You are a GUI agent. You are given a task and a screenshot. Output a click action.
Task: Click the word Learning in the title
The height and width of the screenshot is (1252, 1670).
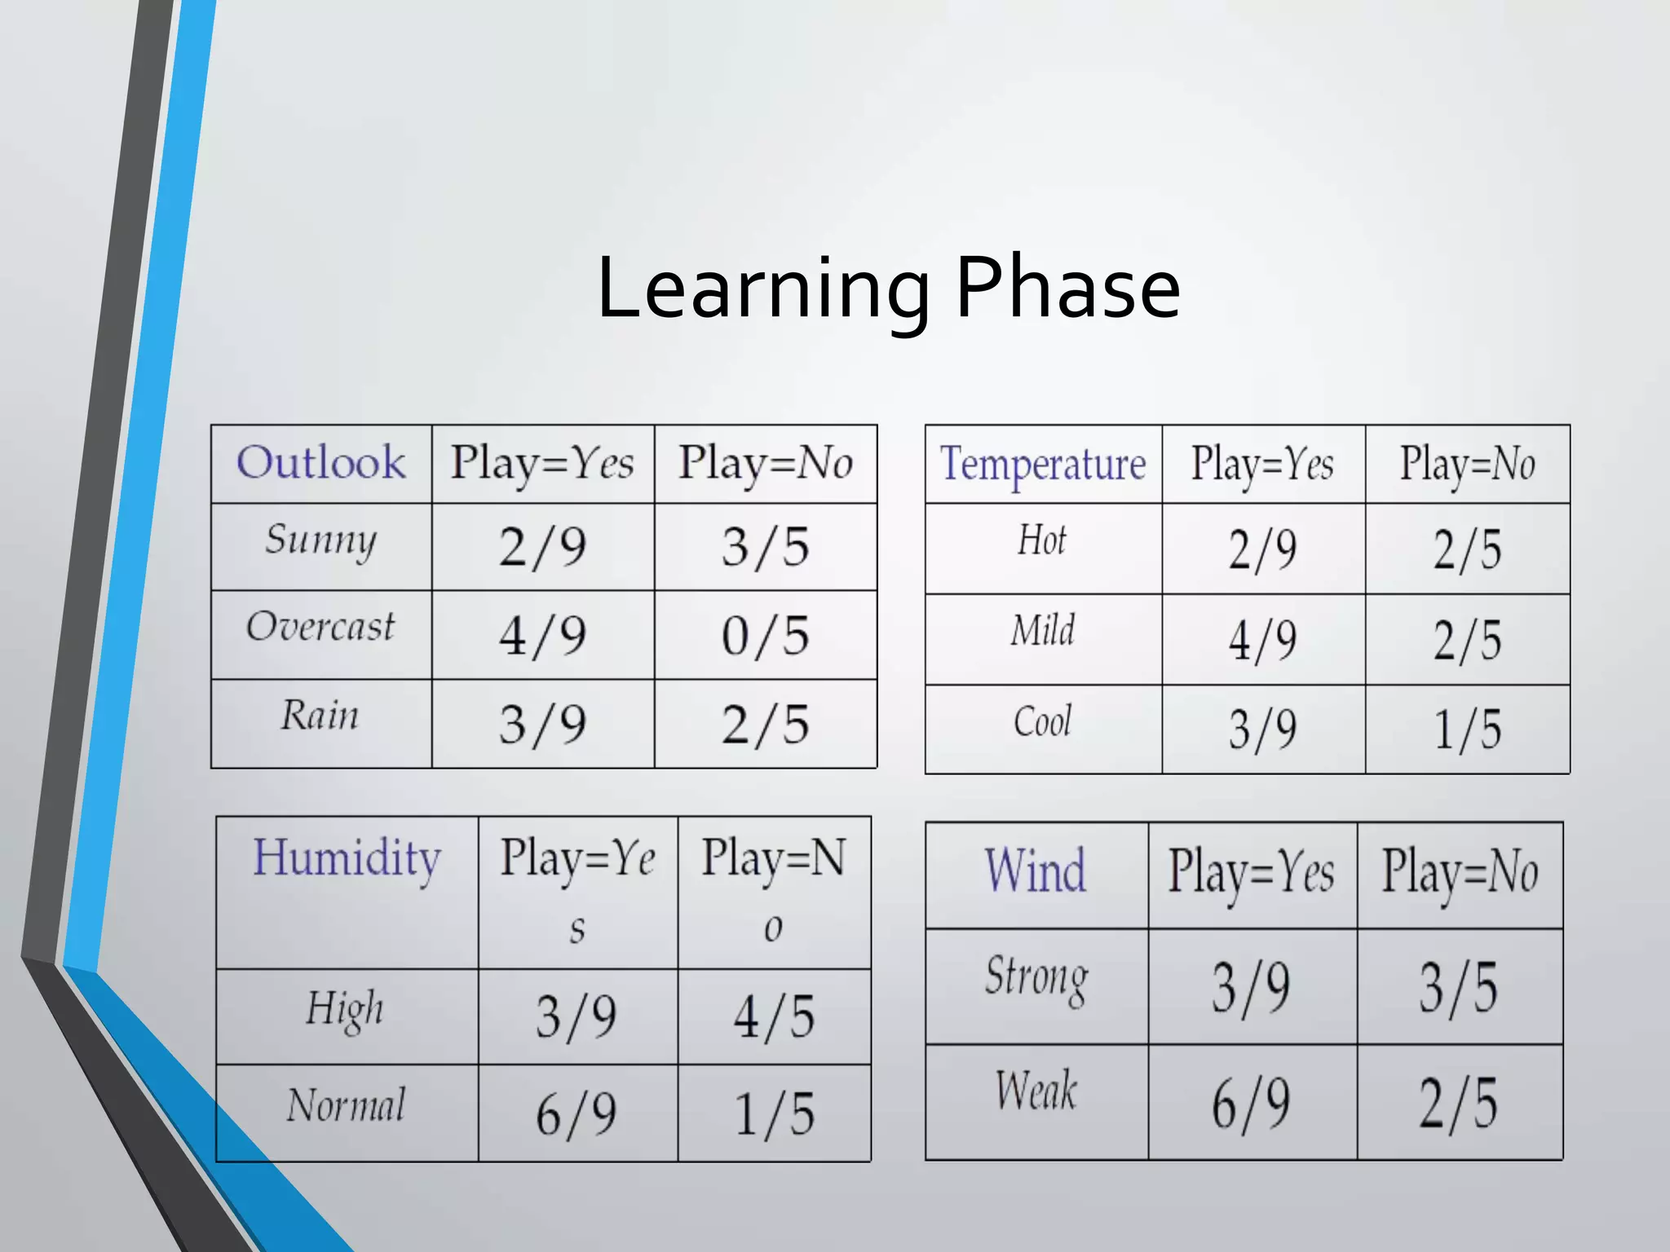click(762, 289)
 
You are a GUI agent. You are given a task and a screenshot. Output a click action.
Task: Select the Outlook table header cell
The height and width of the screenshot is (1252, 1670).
click(321, 463)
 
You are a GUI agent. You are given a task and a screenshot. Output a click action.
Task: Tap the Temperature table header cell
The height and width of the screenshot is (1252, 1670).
click(1043, 464)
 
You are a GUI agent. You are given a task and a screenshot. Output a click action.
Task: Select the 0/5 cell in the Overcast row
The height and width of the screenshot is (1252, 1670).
click(765, 636)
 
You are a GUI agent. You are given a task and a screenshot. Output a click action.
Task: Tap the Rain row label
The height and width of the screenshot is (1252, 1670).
click(320, 716)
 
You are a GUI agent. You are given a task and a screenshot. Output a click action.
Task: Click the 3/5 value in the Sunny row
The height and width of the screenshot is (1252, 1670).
click(765, 547)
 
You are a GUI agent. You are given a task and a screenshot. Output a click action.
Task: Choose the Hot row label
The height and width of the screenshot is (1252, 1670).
click(1042, 542)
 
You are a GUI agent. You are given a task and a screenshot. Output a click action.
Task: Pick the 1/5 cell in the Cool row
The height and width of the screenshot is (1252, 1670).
click(1466, 730)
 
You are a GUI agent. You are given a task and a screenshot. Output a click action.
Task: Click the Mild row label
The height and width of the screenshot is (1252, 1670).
click(1042, 632)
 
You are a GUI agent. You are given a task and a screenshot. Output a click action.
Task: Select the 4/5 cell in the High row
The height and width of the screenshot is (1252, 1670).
click(774, 1017)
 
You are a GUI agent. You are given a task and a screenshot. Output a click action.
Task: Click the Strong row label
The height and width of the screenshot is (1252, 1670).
click(1036, 979)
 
